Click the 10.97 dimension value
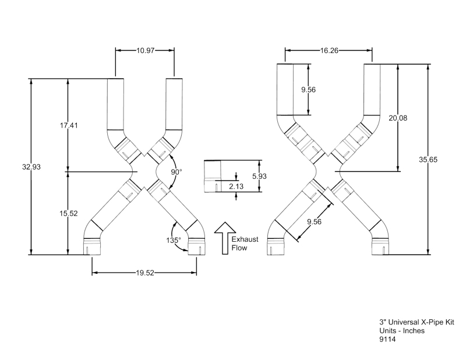click(145, 51)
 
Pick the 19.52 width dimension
click(145, 271)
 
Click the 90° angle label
click(176, 172)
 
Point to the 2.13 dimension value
click(236, 186)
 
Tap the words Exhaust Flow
click(245, 243)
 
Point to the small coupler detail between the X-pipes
click(213, 176)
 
